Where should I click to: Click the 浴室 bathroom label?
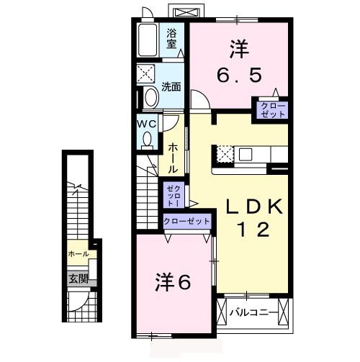172,37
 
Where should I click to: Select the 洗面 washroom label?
171,87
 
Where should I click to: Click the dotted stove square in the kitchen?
225,153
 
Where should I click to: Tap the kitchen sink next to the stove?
244,153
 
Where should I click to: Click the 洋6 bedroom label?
173,281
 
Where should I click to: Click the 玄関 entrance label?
78,277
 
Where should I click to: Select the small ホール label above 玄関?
78,255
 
